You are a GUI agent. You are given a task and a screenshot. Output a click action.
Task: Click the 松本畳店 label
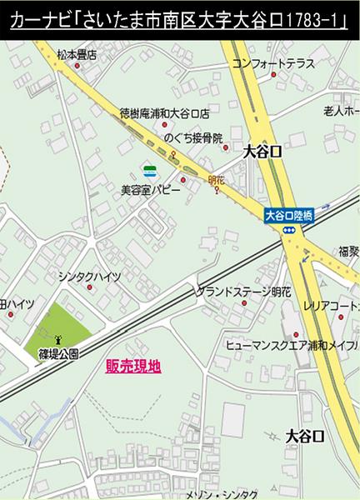pyautogui.click(x=77, y=55)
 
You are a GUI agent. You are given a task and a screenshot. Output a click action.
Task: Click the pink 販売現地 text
pyautogui.click(x=133, y=365)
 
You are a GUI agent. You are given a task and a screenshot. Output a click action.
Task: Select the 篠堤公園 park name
pyautogui.click(x=58, y=353)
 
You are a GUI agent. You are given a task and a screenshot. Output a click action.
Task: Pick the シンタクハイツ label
pyautogui.click(x=90, y=276)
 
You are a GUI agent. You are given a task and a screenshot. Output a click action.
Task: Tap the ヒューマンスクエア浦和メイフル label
pyautogui.click(x=292, y=343)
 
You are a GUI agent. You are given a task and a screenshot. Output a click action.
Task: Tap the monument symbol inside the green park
pyautogui.click(x=57, y=339)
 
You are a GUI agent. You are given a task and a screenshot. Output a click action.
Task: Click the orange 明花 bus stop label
pyautogui.click(x=216, y=179)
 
